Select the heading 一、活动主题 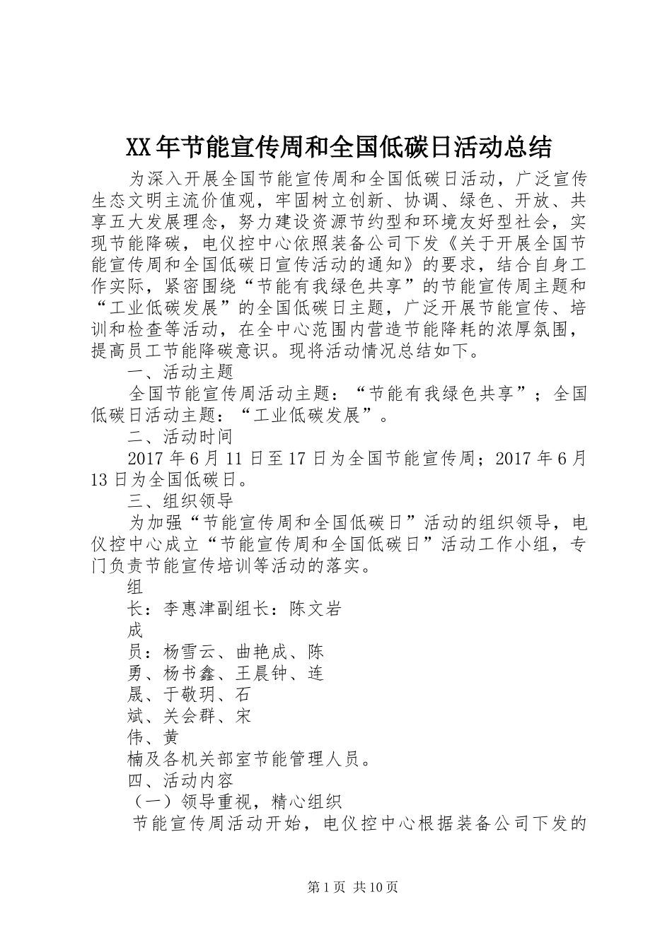pos(180,372)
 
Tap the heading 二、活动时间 pos(180,437)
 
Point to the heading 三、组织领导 pos(180,502)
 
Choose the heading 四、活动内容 pos(180,780)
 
